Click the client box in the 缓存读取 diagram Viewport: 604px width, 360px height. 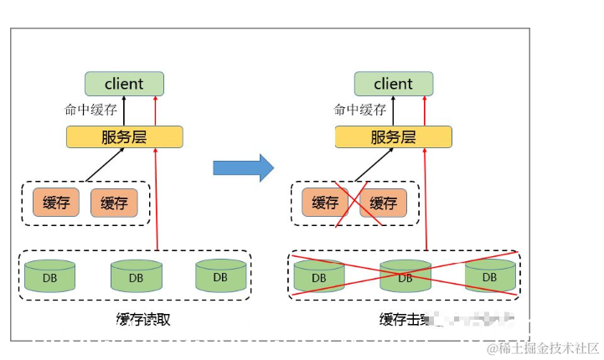pyautogui.click(x=124, y=84)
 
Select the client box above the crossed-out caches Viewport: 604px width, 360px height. pyautogui.click(x=393, y=84)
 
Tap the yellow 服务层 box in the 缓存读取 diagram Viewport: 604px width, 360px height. pyautogui.click(x=124, y=136)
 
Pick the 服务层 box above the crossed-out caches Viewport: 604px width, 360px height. pyautogui.click(x=393, y=136)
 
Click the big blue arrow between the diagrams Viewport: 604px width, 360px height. pyautogui.click(x=243, y=167)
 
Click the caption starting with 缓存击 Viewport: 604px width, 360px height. pyautogui.click(x=405, y=319)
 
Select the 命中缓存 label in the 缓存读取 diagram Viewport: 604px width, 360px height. pyautogui.click(x=91, y=110)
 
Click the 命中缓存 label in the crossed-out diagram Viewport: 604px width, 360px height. pyautogui.click(x=360, y=110)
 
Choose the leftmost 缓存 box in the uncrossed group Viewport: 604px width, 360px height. pyautogui.click(x=56, y=203)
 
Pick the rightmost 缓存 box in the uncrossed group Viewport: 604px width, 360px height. pyautogui.click(x=113, y=203)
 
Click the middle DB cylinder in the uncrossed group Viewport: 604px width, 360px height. pyautogui.click(x=136, y=275)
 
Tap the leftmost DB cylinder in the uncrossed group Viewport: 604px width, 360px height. pyautogui.click(x=49, y=275)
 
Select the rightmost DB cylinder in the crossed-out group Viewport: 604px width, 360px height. pyautogui.click(x=490, y=275)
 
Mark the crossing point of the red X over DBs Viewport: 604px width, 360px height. pyautogui.click(x=404, y=273)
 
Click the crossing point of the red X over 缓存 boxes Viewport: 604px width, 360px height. pyautogui.click(x=354, y=202)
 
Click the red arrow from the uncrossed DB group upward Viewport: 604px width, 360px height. pyautogui.click(x=157, y=201)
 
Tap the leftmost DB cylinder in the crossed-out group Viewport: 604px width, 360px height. pyautogui.click(x=319, y=275)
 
